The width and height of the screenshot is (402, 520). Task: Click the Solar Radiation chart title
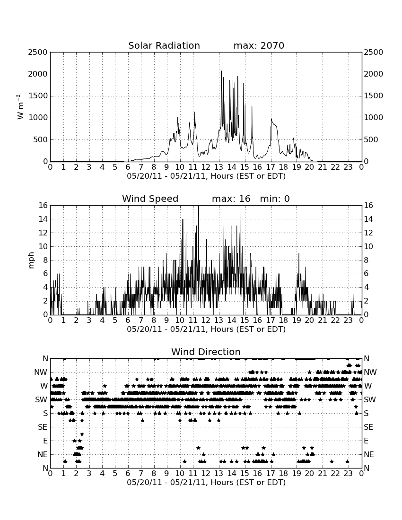point(164,45)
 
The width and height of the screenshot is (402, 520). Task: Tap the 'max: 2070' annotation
point(259,45)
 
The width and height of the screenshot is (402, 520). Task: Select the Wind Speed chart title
point(150,199)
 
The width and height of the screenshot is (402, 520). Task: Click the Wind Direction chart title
point(206,352)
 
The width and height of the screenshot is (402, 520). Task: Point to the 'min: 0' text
point(275,199)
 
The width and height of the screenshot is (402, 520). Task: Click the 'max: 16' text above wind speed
point(231,199)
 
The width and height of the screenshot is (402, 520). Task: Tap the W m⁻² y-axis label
point(20,107)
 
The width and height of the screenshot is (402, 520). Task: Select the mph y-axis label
point(31,260)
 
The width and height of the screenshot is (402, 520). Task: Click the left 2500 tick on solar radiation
point(38,52)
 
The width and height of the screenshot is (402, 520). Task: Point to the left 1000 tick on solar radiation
point(38,118)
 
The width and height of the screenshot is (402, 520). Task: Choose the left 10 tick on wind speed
point(43,246)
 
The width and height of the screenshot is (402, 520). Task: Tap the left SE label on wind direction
point(43,427)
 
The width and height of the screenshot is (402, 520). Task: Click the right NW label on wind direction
point(370,373)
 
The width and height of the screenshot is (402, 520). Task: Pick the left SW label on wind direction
point(41,400)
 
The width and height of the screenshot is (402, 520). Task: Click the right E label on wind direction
point(366,441)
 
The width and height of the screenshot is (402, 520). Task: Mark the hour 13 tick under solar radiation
point(218,167)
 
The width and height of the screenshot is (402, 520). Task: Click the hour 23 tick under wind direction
point(348,474)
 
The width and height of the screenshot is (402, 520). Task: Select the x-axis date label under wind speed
point(206,329)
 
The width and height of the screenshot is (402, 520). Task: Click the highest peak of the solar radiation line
point(221,71)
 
